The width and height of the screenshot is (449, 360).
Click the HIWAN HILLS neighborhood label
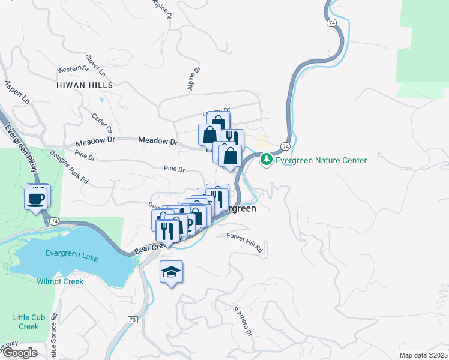[85, 85]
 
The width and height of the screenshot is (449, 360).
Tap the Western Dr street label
[73, 69]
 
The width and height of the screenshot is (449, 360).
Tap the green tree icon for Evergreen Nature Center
[266, 160]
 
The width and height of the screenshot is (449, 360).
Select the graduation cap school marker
[171, 272]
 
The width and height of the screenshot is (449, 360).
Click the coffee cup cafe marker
[36, 197]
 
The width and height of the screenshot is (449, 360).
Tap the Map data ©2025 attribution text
[423, 355]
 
